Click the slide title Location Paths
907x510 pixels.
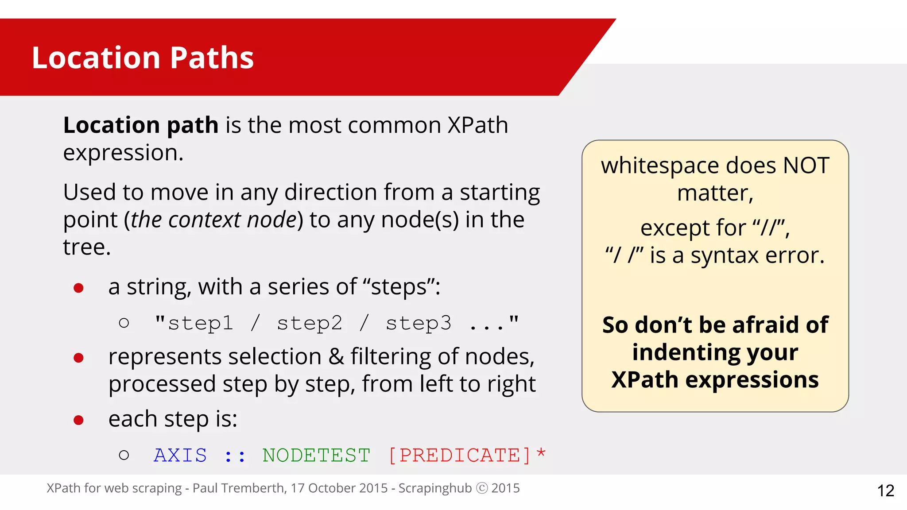[x=143, y=58]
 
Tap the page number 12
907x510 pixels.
[x=885, y=491]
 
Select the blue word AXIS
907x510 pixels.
[x=180, y=455]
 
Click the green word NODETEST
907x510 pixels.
[x=316, y=455]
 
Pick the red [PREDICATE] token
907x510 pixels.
[x=459, y=455]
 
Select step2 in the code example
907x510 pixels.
[x=310, y=323]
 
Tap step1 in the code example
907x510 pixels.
[x=200, y=323]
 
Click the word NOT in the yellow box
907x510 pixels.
[x=806, y=166]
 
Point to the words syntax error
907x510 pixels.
[x=757, y=255]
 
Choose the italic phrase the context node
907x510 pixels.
[x=213, y=220]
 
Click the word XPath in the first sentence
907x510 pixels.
[x=477, y=125]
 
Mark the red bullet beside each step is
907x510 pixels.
[x=79, y=420]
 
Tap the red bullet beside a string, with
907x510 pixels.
[x=79, y=288]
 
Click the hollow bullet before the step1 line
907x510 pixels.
[x=124, y=323]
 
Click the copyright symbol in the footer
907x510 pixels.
[x=481, y=488]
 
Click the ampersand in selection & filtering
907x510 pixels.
[x=336, y=357]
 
